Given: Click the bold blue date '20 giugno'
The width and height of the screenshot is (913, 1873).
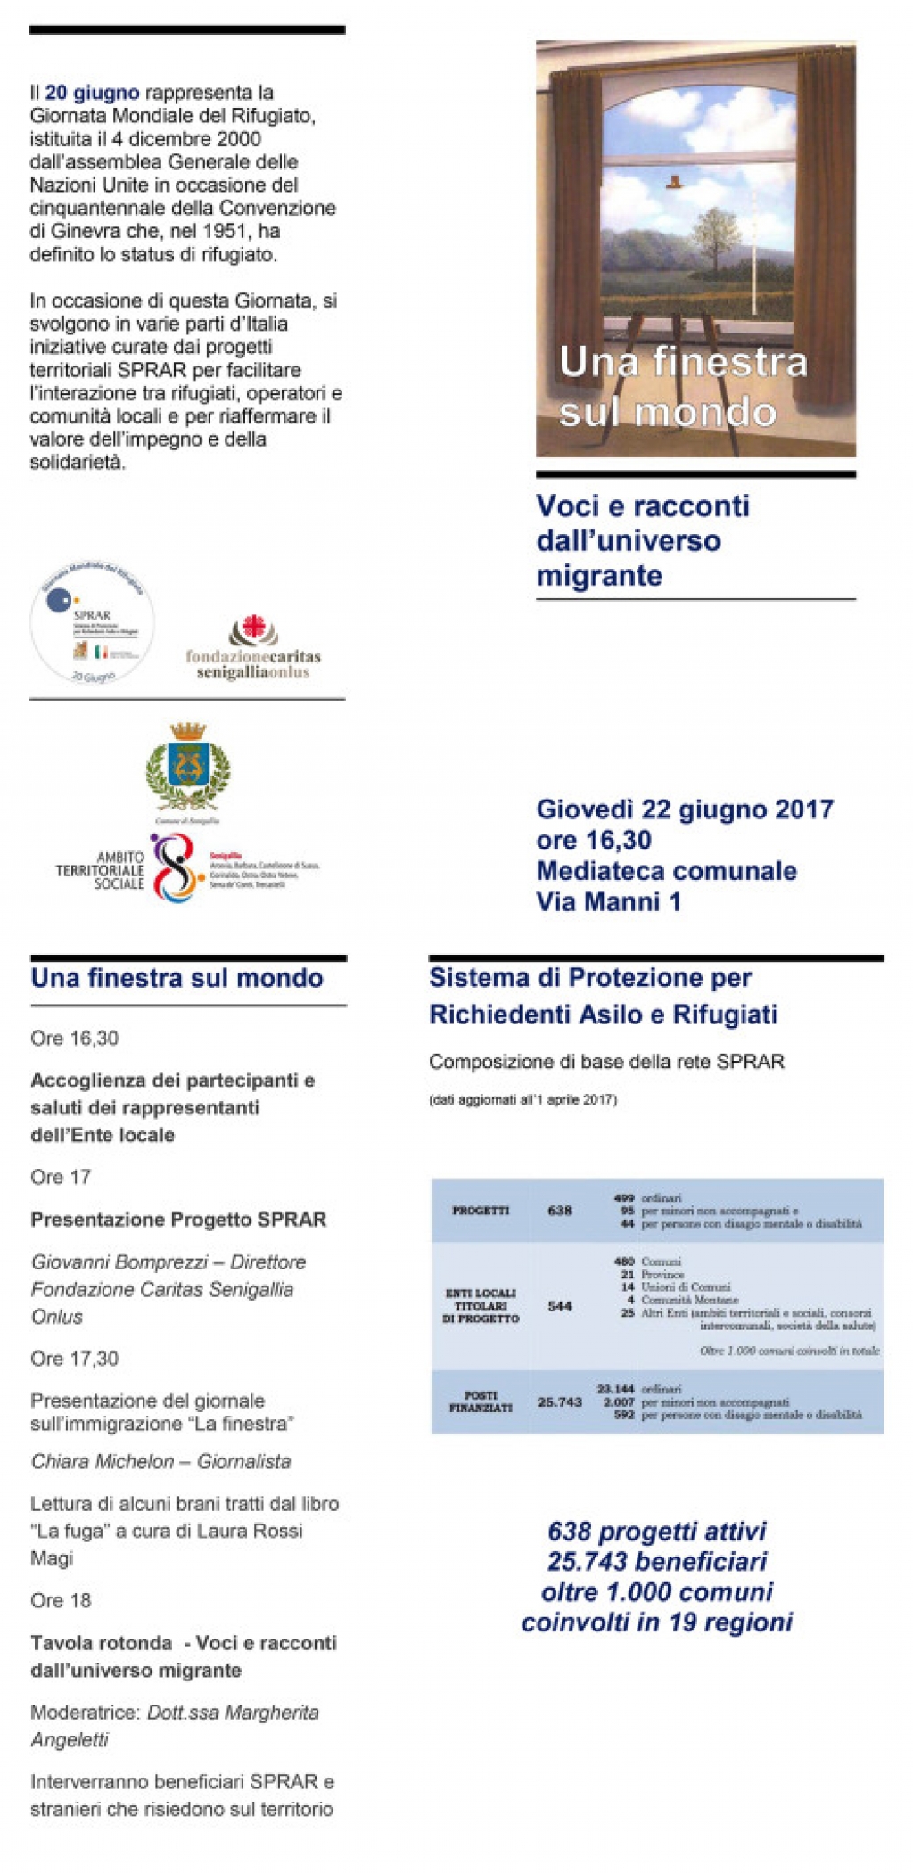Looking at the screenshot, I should [92, 93].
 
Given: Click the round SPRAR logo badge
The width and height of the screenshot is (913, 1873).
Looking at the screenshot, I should [92, 624].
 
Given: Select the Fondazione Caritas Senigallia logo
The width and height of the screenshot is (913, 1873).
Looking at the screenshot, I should [253, 649].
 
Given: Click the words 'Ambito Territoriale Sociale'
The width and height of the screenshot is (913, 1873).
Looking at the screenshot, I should [100, 870].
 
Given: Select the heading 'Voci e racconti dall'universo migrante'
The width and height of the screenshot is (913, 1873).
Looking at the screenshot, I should [642, 540].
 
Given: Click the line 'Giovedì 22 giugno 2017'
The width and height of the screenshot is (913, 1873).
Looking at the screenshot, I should [684, 809].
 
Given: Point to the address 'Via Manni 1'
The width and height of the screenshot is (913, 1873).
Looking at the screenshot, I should [608, 902].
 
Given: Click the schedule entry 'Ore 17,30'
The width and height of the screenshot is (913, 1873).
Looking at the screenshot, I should [74, 1359].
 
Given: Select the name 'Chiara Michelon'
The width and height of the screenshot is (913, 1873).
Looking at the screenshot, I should [103, 1462].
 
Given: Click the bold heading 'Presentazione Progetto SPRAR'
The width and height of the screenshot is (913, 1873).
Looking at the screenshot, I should [178, 1220].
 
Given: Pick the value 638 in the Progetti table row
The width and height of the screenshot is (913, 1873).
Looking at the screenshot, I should [559, 1211].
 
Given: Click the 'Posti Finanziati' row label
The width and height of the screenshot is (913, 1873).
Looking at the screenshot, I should [481, 1401].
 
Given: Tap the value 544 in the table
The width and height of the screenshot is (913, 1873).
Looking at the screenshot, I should [559, 1306].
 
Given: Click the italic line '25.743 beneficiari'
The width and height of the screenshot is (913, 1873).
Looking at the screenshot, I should [657, 1561].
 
